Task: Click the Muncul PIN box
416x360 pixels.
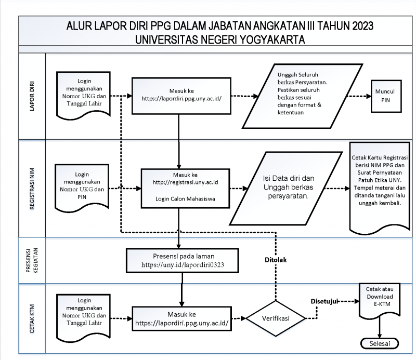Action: click(386, 96)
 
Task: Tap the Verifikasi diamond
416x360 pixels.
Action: click(276, 318)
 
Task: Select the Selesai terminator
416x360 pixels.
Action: click(380, 343)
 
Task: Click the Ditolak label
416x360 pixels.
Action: click(276, 260)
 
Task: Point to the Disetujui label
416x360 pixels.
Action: click(324, 301)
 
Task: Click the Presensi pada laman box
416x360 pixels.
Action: click(183, 261)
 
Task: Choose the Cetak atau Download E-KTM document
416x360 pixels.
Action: click(380, 301)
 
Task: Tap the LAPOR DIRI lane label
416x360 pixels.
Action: click(32, 96)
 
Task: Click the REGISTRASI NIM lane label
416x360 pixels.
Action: click(32, 189)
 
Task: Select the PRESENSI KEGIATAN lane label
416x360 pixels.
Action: click(32, 261)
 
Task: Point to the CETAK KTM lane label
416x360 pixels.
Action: click(32, 318)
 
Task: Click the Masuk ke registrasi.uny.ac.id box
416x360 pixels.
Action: click(185, 188)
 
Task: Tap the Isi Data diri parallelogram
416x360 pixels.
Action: click(286, 188)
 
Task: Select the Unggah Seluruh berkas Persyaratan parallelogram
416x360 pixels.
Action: click(303, 96)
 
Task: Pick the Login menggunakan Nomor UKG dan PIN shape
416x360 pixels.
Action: click(82, 188)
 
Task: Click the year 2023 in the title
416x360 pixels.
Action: click(362, 26)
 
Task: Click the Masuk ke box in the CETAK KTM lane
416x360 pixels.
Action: click(181, 318)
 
